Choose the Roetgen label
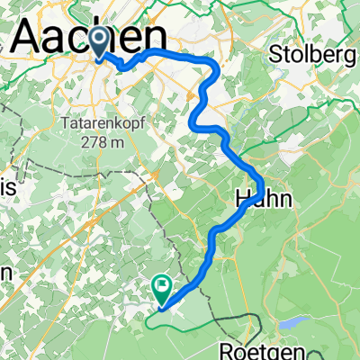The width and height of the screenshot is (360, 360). coord(261,347)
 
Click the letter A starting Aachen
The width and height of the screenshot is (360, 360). coord(30,38)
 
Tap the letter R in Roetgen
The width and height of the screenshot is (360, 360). coord(228,347)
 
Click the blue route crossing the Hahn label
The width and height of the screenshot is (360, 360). coord(256,190)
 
